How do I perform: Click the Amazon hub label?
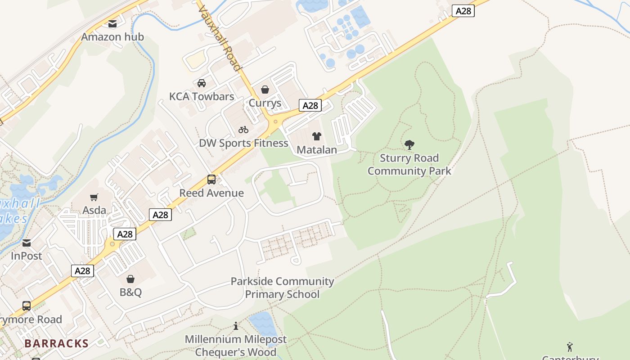tap(112, 37)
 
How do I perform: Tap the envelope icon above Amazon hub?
tap(112, 24)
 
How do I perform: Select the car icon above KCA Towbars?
tap(202, 83)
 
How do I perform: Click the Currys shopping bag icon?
tap(265, 90)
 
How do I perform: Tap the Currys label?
tap(265, 103)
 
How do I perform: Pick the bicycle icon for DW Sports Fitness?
tap(243, 130)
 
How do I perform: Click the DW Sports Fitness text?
tap(243, 143)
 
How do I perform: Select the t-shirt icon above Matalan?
tap(317, 136)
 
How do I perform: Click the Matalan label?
tap(317, 150)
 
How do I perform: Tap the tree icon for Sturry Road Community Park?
tap(409, 144)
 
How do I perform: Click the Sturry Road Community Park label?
tap(409, 165)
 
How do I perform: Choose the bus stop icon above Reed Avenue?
tap(211, 180)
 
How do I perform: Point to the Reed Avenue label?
tap(211, 193)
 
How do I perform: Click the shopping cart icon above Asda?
tap(94, 197)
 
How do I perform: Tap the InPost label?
tap(27, 256)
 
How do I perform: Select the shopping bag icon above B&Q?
tap(130, 279)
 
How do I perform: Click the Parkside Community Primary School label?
tap(282, 288)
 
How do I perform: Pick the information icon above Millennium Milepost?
tap(236, 326)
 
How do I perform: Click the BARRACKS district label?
tap(57, 343)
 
